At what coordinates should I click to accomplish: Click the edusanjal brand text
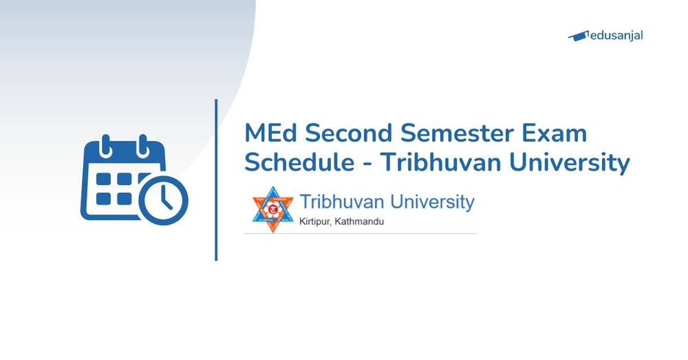click(618, 35)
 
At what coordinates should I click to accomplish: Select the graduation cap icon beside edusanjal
click(578, 36)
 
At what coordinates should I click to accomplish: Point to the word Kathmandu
click(361, 222)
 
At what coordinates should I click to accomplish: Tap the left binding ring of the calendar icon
click(107, 145)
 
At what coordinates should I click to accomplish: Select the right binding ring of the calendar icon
click(143, 145)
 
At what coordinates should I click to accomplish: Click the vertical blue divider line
click(216, 180)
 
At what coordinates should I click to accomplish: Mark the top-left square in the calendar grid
click(104, 180)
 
